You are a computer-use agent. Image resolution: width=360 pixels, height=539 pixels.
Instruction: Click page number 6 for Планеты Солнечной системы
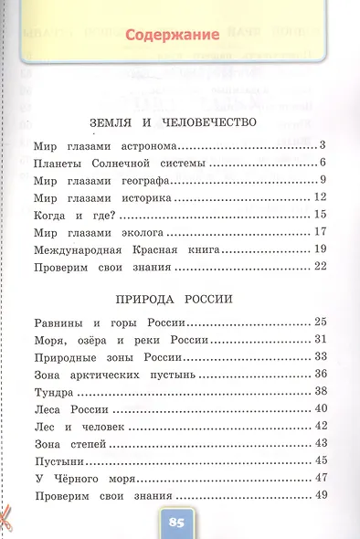tap(323, 163)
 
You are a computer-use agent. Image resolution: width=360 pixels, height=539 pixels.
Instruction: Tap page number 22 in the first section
tap(319, 267)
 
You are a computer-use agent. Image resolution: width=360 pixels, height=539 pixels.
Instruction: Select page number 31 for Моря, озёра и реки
tap(319, 340)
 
